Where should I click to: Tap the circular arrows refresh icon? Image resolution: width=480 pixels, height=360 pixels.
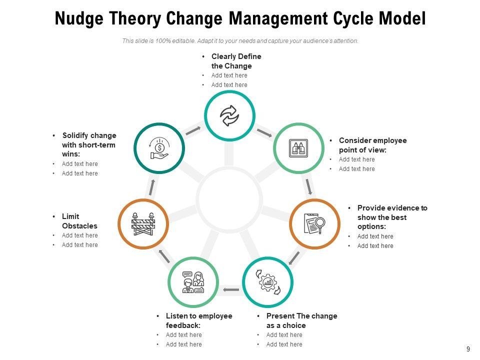229,116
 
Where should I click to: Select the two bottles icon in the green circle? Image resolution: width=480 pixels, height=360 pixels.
298,148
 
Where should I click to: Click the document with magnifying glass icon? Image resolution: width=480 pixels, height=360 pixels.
314,223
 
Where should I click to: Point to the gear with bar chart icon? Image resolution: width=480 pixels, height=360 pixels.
267,282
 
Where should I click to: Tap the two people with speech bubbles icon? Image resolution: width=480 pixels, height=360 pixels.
193,282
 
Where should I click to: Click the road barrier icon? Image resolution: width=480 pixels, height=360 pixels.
143,223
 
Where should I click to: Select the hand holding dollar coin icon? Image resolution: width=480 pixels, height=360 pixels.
159,148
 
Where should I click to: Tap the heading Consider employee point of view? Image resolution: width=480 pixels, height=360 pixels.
372,145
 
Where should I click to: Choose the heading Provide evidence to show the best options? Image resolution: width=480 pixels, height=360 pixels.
392,217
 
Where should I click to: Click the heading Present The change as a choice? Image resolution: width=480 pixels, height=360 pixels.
301,320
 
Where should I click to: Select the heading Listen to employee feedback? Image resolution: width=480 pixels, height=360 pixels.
198,320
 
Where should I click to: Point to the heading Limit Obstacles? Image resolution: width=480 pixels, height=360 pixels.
79,221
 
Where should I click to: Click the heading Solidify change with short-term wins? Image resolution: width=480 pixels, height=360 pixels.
88,144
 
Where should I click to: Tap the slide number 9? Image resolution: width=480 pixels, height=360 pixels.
468,349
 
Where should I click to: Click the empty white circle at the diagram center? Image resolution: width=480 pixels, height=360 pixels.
229,199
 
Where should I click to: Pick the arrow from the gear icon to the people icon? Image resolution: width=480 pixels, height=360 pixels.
230,289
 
